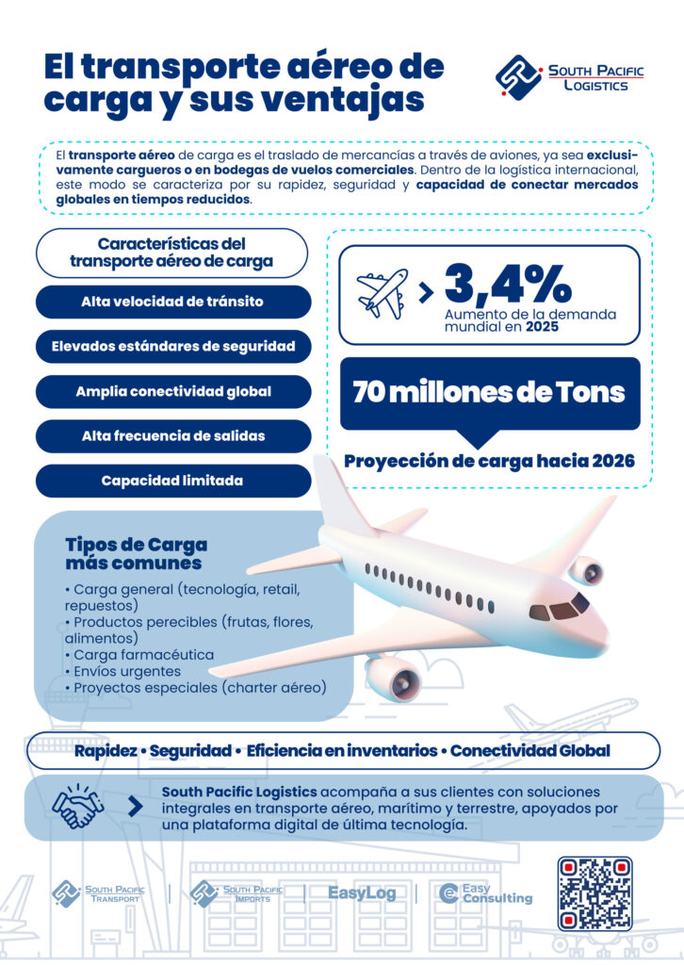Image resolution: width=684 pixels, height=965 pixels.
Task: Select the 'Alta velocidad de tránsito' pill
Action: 172,302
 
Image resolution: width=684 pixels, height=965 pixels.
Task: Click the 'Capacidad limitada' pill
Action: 172,481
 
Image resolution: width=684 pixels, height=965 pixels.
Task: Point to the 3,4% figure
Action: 508,282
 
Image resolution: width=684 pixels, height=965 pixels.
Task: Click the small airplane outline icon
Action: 382,292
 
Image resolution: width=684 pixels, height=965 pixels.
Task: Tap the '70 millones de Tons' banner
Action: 489,392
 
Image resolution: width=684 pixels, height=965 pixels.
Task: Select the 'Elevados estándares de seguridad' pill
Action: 172,346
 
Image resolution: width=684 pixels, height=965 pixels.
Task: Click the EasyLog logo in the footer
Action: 362,892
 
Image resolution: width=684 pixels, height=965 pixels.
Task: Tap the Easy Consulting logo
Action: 486,893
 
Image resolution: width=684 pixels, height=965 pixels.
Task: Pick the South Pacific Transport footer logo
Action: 97,892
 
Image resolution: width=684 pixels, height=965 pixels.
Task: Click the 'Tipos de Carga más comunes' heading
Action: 136,554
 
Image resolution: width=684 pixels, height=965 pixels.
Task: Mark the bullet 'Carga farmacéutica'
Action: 141,654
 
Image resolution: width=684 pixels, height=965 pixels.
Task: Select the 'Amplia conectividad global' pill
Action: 172,391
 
